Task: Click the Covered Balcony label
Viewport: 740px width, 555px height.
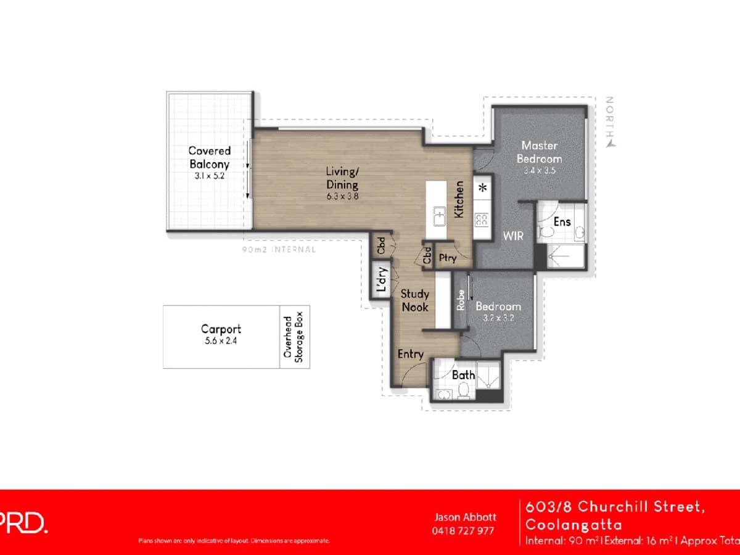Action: coord(209,157)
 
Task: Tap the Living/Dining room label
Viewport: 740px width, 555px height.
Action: coord(342,177)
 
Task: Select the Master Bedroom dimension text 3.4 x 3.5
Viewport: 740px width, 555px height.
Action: coord(539,171)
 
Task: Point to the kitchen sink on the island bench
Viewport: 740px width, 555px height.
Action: coord(439,218)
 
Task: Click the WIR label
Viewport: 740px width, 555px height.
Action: coord(513,236)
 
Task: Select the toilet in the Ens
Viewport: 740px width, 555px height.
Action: coord(545,232)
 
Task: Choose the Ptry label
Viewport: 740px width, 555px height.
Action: coord(448,258)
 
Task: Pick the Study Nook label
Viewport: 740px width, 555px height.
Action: coord(414,300)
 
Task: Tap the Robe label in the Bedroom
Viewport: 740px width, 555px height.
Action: coord(460,300)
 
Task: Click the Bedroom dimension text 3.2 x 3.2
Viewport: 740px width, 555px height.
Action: coord(498,319)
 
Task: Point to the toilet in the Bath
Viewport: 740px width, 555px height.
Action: coord(463,390)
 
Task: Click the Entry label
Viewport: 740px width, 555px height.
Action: coord(410,354)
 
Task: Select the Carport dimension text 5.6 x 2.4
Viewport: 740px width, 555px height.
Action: coord(221,340)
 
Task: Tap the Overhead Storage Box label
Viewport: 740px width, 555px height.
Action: coord(295,337)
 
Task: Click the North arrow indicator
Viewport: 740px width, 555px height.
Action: coord(610,143)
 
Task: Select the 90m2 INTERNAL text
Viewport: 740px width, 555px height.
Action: coord(279,250)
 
